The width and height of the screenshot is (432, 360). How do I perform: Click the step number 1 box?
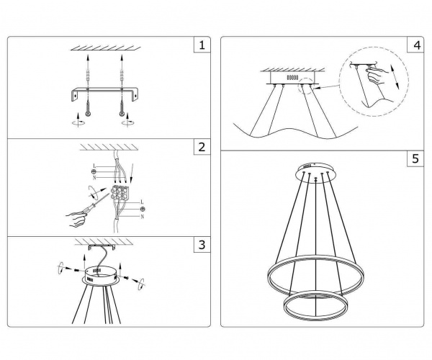(202, 45)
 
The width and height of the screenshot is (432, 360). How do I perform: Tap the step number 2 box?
(202, 147)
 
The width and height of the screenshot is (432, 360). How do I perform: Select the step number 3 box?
(202, 244)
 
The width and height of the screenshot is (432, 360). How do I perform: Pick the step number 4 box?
(415, 45)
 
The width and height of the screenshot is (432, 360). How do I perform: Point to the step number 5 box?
(415, 158)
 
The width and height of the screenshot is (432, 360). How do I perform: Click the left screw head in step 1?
(88, 114)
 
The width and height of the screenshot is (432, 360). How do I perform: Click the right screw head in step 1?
(122, 114)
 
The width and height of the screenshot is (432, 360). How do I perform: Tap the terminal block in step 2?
(120, 192)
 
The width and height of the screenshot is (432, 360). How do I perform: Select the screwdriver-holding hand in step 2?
(76, 219)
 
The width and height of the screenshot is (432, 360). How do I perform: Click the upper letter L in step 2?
(94, 166)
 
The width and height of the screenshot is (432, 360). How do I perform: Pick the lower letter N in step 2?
(143, 217)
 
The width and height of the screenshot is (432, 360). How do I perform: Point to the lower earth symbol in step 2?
(143, 210)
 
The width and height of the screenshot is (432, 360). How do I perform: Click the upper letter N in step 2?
(94, 178)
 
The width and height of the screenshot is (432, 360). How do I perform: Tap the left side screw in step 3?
(76, 270)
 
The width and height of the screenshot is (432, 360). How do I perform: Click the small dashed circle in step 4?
(307, 86)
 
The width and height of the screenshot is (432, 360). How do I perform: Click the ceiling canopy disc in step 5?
(316, 172)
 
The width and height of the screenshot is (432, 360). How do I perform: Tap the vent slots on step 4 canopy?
(292, 78)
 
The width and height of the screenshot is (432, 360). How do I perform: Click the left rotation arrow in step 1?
(78, 120)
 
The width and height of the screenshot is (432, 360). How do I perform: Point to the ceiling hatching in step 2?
(109, 147)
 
